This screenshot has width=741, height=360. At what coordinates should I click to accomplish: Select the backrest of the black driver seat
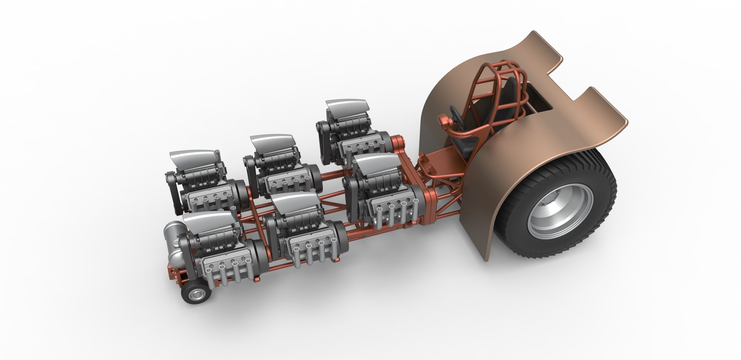[506, 95]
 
